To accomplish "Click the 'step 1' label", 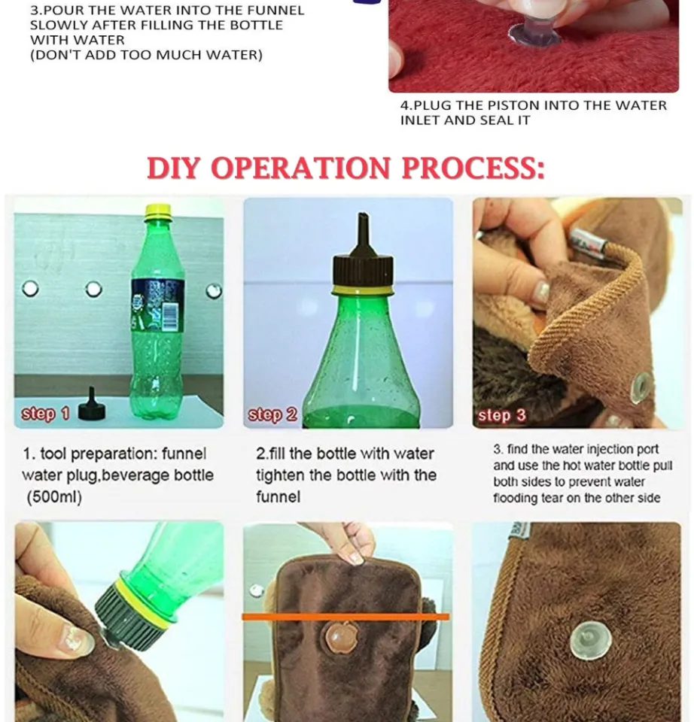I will pyautogui.click(x=45, y=414).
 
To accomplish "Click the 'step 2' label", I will pyautogui.click(x=272, y=414).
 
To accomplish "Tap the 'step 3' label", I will pyautogui.click(x=501, y=415).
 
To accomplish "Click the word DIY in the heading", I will pyautogui.click(x=175, y=168).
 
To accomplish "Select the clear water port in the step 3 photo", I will pyautogui.click(x=641, y=387).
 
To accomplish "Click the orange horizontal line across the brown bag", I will pyautogui.click(x=345, y=617).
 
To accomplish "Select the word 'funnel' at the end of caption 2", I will pyautogui.click(x=278, y=497).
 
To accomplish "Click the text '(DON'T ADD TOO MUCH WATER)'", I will pyautogui.click(x=146, y=55).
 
